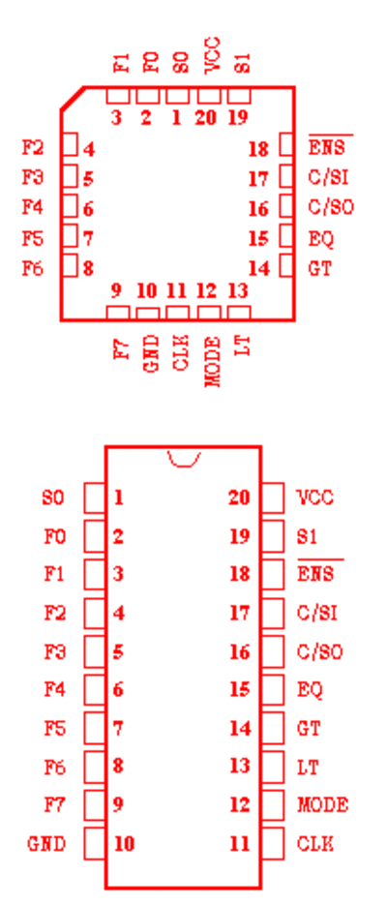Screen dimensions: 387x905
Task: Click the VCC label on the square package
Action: pyautogui.click(x=212, y=55)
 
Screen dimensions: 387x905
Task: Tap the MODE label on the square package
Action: pyautogui.click(x=213, y=362)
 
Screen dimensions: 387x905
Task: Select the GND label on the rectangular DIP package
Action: pyautogui.click(x=46, y=844)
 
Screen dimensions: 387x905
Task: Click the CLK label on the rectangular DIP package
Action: pyautogui.click(x=315, y=844)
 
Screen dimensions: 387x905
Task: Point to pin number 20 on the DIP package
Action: pyautogui.click(x=239, y=498)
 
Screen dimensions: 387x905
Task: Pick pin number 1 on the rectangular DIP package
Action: pyautogui.click(x=118, y=498)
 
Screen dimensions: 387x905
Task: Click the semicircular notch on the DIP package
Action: pyautogui.click(x=184, y=460)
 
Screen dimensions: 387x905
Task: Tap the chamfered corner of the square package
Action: pyautogui.click(x=73, y=98)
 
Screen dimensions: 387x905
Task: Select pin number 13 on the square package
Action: pyautogui.click(x=237, y=291)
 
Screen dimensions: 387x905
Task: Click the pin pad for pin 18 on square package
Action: pyautogui.click(x=286, y=144)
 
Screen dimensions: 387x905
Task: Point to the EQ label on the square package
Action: pyautogui.click(x=321, y=238)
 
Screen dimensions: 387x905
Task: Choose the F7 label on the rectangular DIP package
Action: pyautogui.click(x=55, y=804)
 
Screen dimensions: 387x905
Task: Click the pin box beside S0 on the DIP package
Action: pyautogui.click(x=95, y=498)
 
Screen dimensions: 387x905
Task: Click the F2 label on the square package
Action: pyautogui.click(x=33, y=148)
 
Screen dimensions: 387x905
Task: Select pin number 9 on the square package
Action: pyautogui.click(x=116, y=291)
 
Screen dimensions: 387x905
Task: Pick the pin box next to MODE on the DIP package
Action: pyautogui.click(x=272, y=804)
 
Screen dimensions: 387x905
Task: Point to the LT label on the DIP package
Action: pyautogui.click(x=308, y=767)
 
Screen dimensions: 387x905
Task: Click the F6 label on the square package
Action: pyautogui.click(x=33, y=268)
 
